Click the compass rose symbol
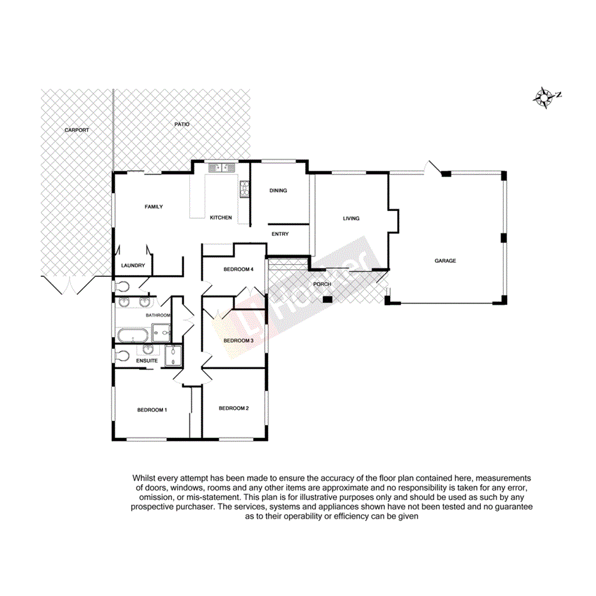point(545,97)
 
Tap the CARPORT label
point(77,130)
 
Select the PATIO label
point(182,124)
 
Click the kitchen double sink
point(221,168)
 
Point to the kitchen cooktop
point(244,188)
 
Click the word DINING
point(278,191)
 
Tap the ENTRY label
point(280,234)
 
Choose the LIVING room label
point(351,219)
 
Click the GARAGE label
point(445,261)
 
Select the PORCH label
point(322,284)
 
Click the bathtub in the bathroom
point(132,334)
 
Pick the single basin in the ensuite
point(148,350)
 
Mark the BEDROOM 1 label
point(152,410)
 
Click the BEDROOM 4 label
point(239,269)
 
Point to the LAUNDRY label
point(133,265)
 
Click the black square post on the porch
point(327,299)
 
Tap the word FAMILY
point(153,207)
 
